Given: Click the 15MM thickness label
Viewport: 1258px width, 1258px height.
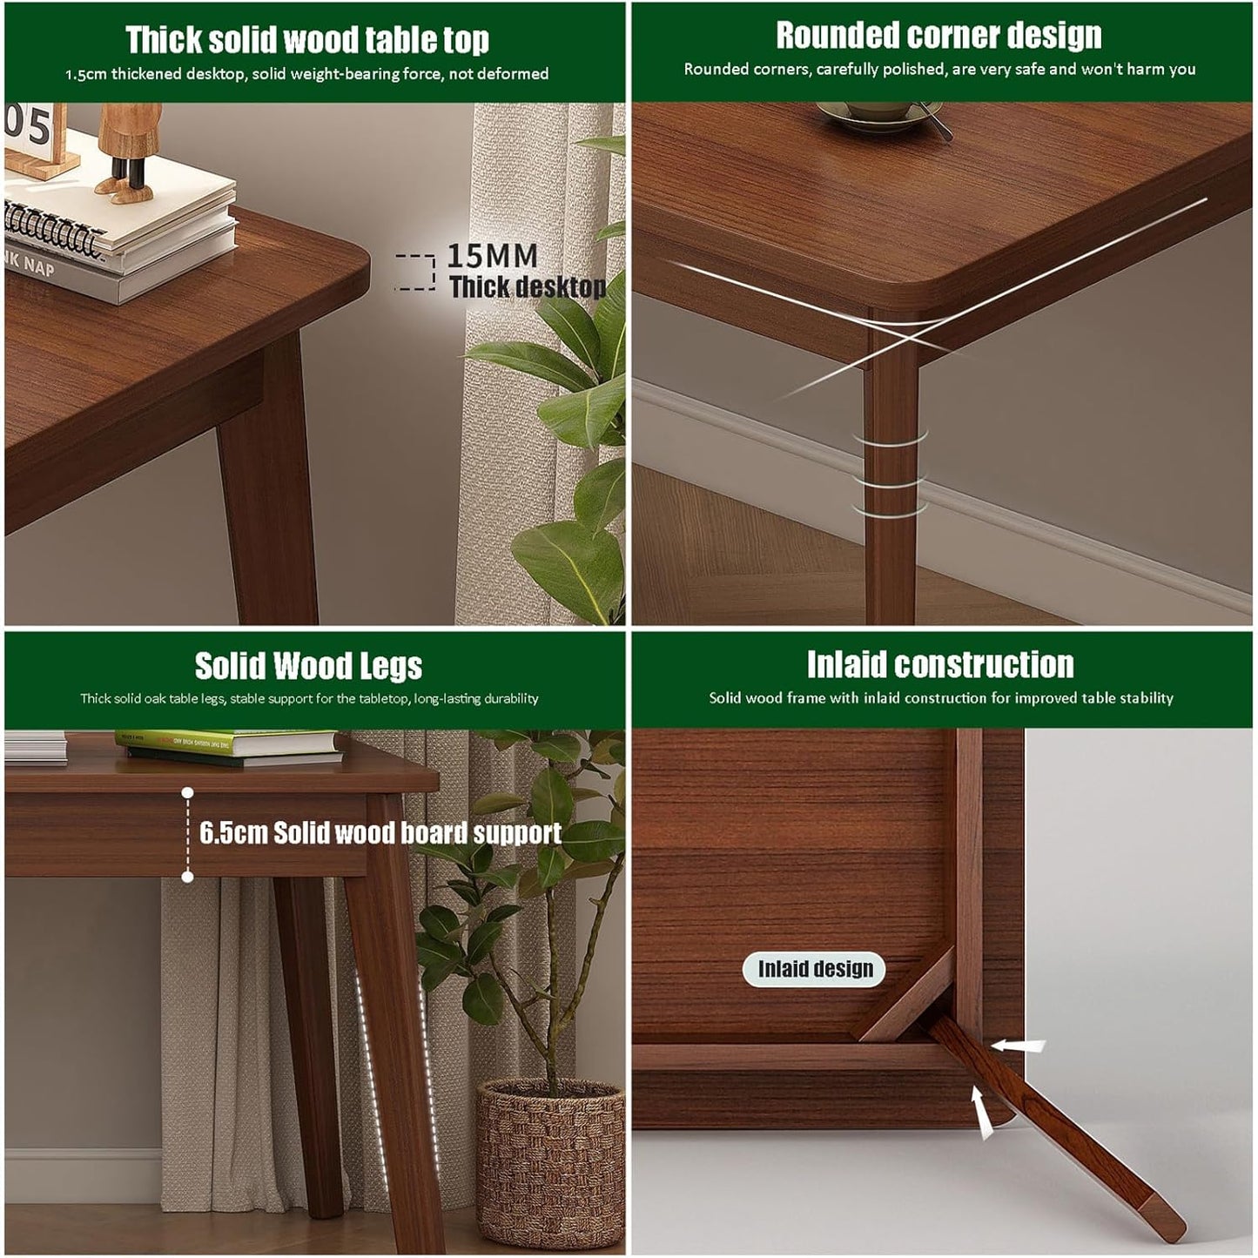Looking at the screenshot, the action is tap(492, 256).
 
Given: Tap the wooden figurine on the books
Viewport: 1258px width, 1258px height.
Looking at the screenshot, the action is tap(127, 152).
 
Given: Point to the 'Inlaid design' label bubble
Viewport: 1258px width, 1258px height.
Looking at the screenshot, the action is tap(814, 968).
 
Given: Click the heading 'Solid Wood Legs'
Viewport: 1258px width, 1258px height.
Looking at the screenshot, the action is tap(308, 666).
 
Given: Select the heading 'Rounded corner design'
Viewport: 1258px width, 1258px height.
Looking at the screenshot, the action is tap(938, 35).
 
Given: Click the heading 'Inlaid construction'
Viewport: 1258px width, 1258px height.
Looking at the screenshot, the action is tap(940, 664).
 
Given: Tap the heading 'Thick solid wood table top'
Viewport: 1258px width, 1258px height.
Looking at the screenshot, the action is tap(306, 39).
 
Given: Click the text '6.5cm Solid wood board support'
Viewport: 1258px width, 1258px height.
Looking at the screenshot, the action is tap(380, 833).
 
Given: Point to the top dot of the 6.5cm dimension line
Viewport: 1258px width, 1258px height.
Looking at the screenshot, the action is tap(188, 792).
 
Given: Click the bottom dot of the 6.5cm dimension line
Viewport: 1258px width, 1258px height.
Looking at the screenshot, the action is tap(188, 877).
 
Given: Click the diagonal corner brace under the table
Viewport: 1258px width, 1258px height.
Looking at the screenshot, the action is tap(905, 995).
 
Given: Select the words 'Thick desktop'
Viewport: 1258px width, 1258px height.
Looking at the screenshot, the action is tap(528, 286).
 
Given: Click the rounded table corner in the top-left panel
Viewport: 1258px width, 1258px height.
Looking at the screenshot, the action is tap(356, 265).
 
